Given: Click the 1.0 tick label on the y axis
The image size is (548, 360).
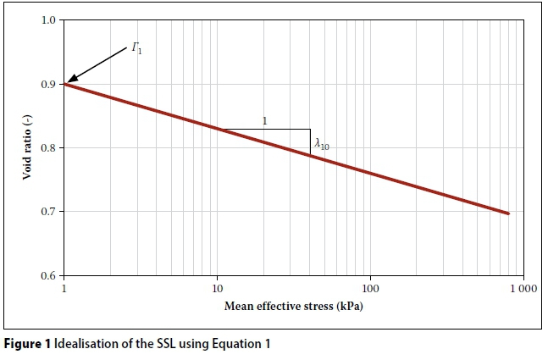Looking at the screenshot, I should pos(49,19).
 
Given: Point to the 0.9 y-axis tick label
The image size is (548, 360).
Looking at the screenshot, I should pos(49,84).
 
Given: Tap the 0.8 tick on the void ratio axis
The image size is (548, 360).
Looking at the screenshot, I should pos(49,148).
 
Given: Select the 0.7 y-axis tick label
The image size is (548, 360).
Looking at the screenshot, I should pos(49,212).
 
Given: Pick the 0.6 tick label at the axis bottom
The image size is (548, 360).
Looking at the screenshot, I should pos(49,276).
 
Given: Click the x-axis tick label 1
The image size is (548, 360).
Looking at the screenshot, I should pos(64,289).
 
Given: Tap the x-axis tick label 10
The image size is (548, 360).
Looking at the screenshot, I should pos(217,289).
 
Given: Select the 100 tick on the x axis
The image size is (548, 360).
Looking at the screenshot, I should pos(369,289).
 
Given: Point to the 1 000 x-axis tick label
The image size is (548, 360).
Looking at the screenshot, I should pos(521,289).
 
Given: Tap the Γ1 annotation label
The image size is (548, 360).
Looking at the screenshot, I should pos(136,50).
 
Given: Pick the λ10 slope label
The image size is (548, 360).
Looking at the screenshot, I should pos(321,145).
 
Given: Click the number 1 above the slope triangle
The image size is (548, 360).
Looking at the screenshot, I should pos(265,121).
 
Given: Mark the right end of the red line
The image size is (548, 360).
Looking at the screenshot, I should pos(508,213).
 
